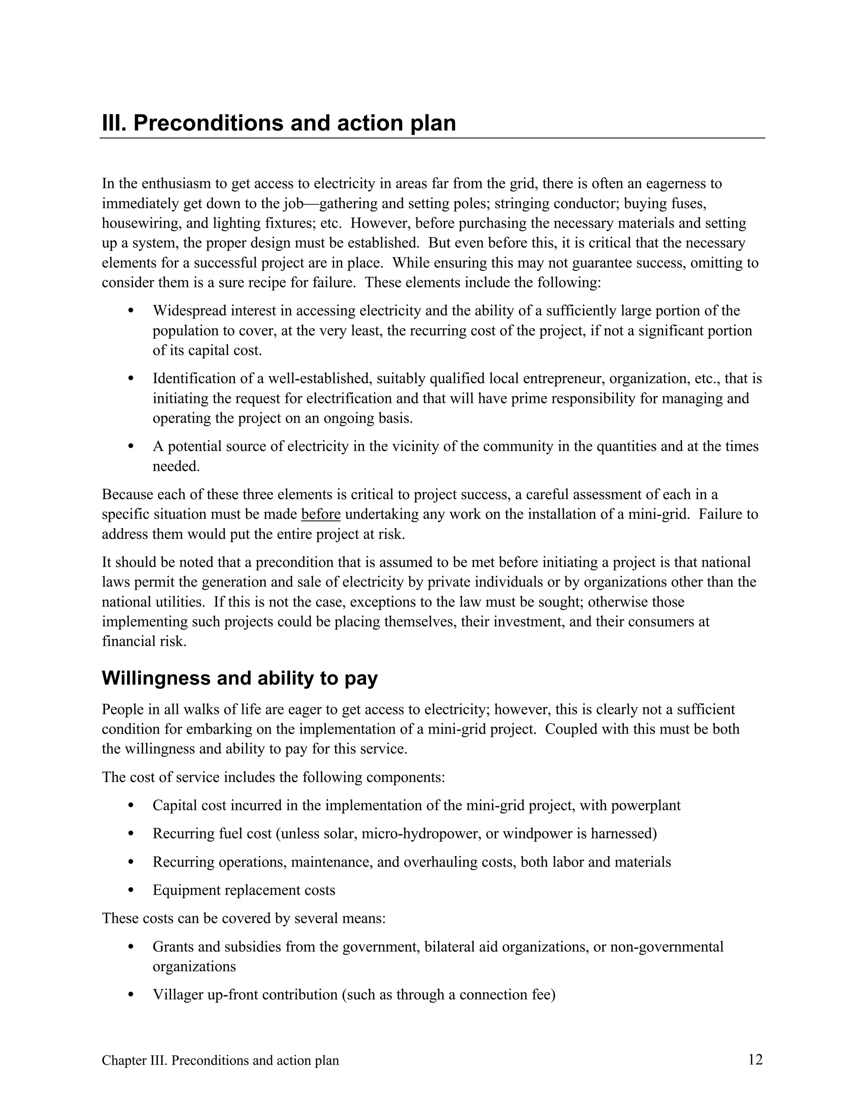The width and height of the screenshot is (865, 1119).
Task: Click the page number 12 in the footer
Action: pos(755,1059)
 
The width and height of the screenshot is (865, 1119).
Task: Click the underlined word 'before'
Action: pos(321,514)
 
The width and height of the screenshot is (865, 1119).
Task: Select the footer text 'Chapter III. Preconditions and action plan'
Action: pos(220,1060)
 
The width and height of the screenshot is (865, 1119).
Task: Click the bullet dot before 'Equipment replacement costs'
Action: pos(131,890)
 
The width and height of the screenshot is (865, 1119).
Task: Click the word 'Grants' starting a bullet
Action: pos(173,946)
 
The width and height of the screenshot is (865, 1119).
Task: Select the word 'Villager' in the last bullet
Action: pos(177,994)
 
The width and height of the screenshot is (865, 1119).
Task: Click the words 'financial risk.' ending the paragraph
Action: pos(144,641)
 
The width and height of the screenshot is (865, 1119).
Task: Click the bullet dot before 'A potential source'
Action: pos(131,446)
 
